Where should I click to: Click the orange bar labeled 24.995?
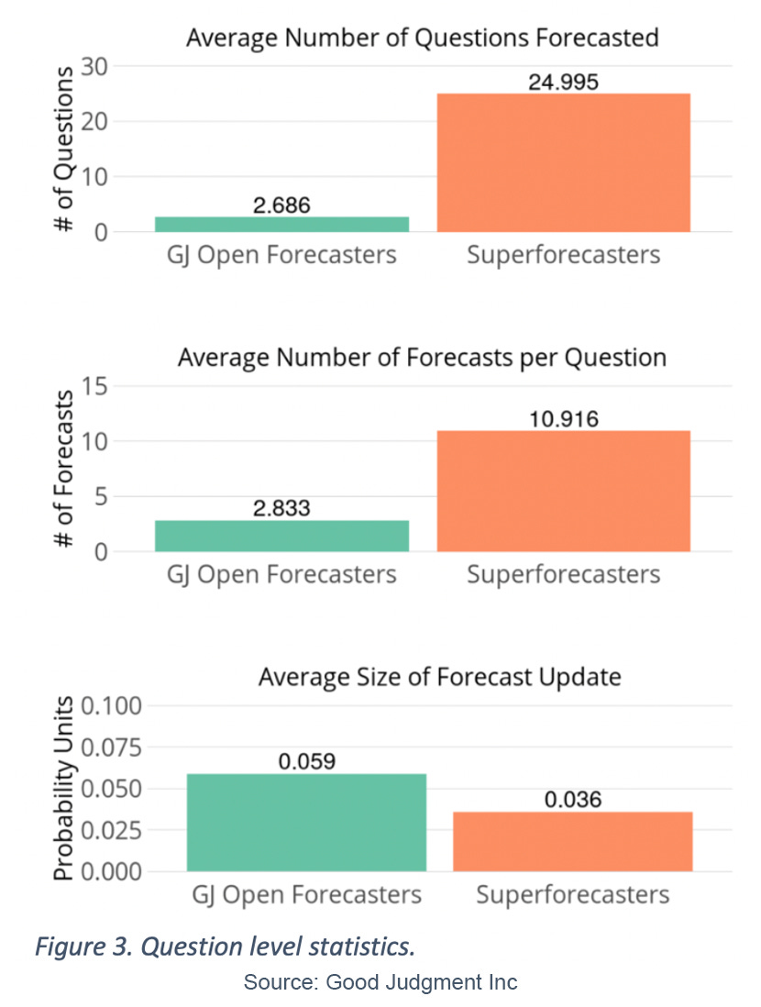click(x=563, y=162)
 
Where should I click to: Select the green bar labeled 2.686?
click(x=281, y=224)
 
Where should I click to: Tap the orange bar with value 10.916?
click(x=563, y=491)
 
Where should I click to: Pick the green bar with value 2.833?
click(x=281, y=536)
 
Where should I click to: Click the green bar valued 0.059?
click(x=306, y=822)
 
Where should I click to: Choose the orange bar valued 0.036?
click(x=573, y=841)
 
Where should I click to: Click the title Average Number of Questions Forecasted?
click(x=422, y=38)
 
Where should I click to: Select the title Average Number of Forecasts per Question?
click(x=422, y=357)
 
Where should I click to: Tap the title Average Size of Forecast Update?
click(x=439, y=677)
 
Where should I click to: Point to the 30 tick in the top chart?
click(x=94, y=66)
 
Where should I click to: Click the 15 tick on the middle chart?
click(x=94, y=386)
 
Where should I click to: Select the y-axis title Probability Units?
click(x=62, y=789)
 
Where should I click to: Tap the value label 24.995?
click(x=563, y=82)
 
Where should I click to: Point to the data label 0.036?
click(x=573, y=800)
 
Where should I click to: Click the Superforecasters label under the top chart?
click(x=563, y=254)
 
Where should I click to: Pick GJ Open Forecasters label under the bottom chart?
click(x=306, y=894)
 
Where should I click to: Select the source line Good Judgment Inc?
click(x=380, y=982)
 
